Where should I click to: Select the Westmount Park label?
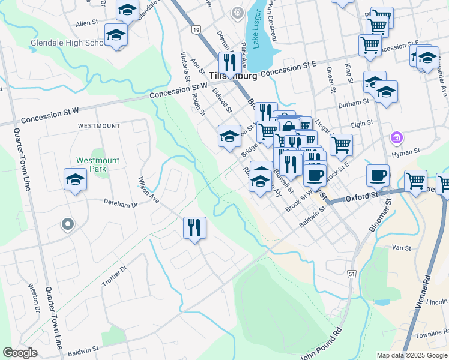[98, 164]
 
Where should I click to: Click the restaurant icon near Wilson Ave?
[194, 228]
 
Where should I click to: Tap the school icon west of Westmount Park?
[76, 179]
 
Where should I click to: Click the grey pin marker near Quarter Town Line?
[67, 225]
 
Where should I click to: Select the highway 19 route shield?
[196, 28]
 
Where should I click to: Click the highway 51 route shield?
[352, 274]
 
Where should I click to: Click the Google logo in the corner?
[20, 353]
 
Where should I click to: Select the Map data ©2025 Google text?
[411, 355]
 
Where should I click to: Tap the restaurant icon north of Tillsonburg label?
[229, 62]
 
